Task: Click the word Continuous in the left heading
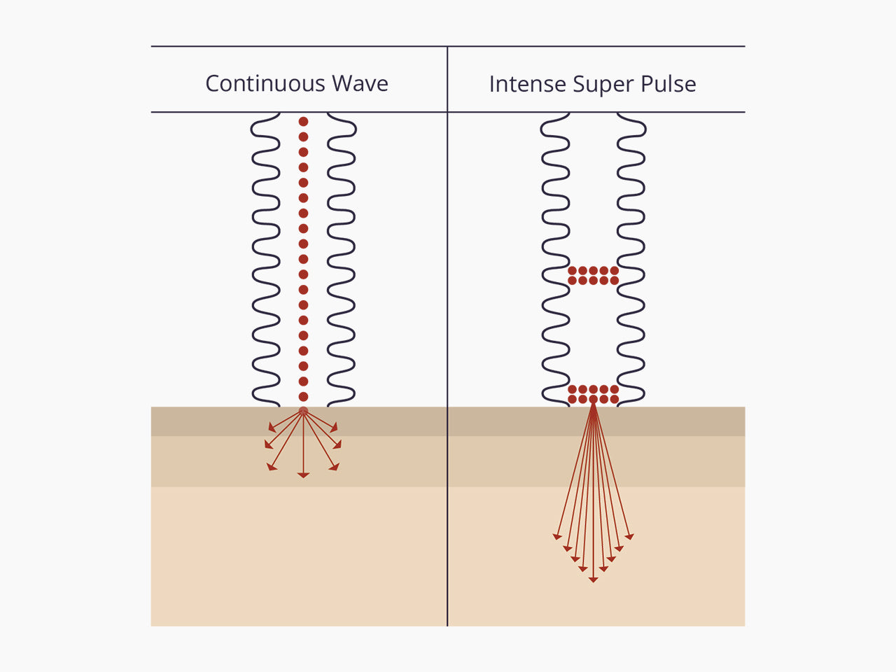(265, 83)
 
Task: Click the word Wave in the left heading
(360, 83)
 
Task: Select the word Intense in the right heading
(528, 84)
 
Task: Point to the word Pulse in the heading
(668, 84)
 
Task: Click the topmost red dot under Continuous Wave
(303, 121)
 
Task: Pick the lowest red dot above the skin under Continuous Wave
(303, 397)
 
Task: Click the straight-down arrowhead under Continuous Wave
(303, 475)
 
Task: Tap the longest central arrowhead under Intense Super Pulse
(593, 580)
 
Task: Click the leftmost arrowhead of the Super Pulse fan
(556, 536)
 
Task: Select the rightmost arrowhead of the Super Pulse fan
(629, 536)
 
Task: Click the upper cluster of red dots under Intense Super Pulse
(593, 275)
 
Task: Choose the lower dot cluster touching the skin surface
(593, 394)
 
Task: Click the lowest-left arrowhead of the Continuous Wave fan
(271, 467)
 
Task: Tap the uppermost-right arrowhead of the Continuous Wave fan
(335, 428)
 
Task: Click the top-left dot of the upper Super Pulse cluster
(573, 270)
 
